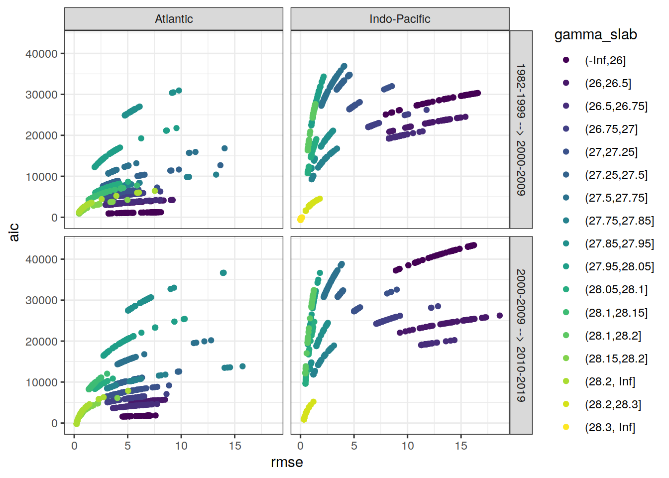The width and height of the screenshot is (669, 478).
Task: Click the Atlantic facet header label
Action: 174,19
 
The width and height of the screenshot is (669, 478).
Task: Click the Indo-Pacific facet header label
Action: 400,19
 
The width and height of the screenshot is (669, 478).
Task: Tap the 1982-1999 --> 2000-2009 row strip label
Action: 521,129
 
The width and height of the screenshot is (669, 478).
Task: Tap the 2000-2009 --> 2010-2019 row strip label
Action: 521,335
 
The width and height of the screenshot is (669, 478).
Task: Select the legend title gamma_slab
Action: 595,35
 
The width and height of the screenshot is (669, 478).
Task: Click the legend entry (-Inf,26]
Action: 605,60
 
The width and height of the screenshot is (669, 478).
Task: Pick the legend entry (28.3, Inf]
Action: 610,427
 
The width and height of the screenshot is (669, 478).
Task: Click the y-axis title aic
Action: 14,232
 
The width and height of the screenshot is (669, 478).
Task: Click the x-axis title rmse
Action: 287,463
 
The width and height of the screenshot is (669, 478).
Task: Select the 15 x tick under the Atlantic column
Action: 235,446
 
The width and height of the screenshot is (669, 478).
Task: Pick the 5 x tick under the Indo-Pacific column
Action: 354,446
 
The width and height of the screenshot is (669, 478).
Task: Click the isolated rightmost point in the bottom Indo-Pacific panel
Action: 500,316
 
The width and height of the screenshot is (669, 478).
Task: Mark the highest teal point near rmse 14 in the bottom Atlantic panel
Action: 223,273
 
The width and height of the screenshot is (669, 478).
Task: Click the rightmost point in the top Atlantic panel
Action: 224,148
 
